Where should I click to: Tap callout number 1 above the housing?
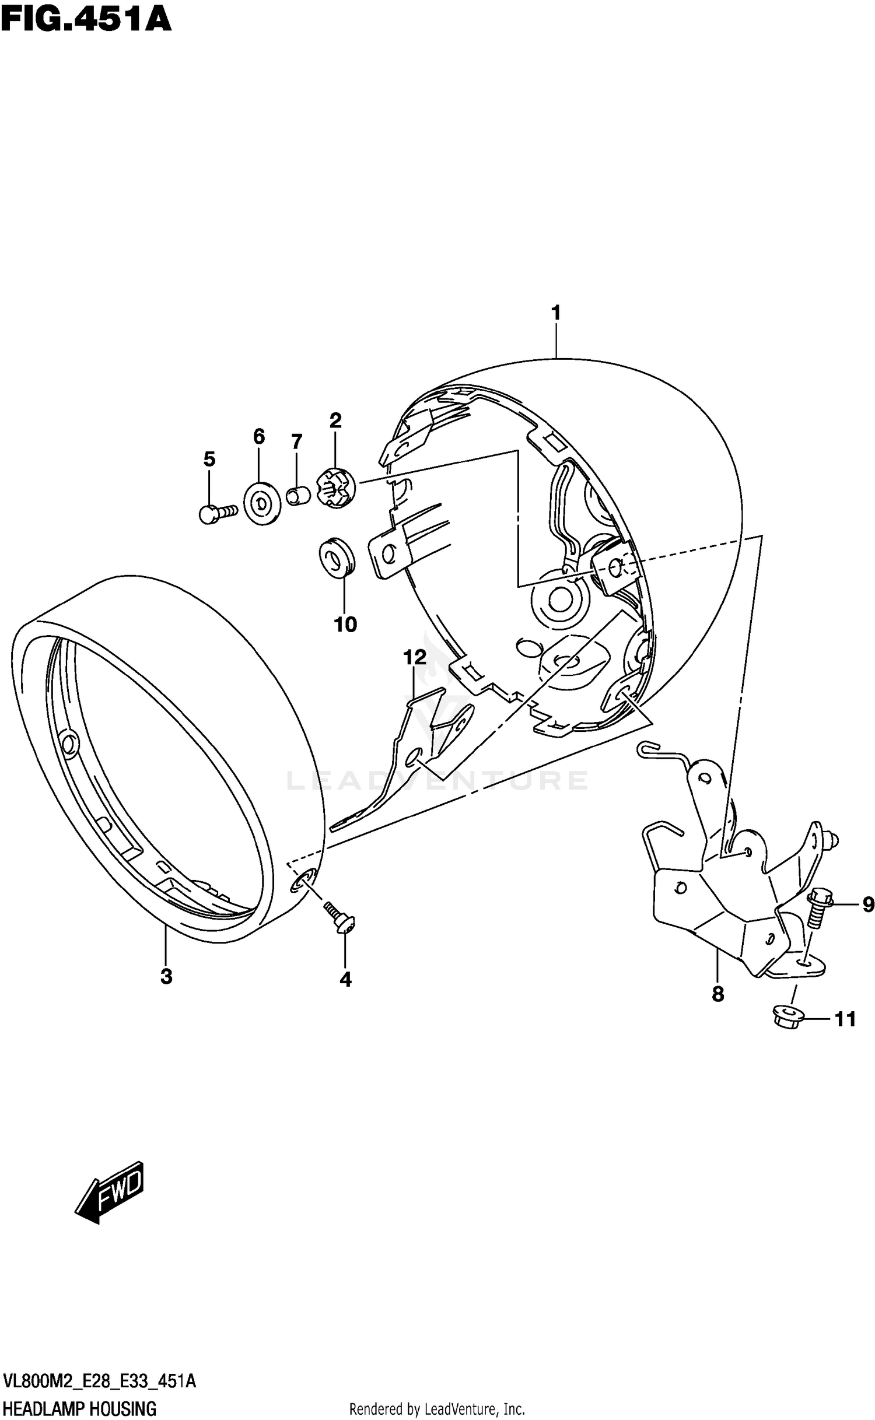pos(556,313)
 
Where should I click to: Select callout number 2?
pos(335,420)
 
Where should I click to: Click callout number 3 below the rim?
pos(166,976)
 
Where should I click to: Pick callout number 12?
pos(415,658)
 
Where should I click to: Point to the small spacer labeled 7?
pos(299,497)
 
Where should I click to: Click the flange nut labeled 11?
pos(788,1016)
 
